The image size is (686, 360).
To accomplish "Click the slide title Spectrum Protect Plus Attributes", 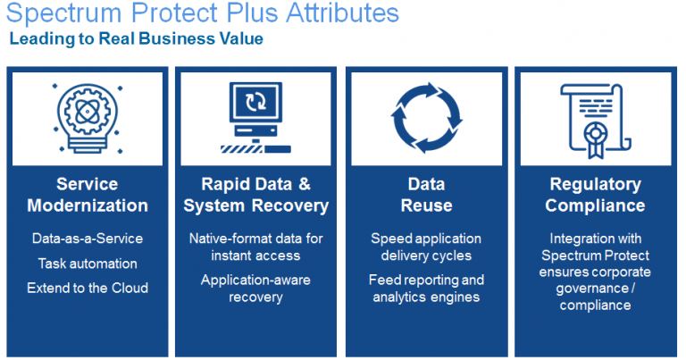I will [x=202, y=13].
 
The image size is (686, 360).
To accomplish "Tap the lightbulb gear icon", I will [x=88, y=118].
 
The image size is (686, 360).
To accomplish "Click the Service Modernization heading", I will [x=88, y=195].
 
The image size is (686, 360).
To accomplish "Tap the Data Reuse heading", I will [x=427, y=195].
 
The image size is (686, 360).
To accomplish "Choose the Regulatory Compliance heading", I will [x=596, y=195].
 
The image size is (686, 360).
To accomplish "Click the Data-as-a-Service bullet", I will [x=88, y=239].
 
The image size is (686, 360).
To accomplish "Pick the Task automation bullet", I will [x=88, y=264].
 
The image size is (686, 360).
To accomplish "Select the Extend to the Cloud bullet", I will [x=88, y=288].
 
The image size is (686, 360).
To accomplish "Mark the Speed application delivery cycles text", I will [x=427, y=247].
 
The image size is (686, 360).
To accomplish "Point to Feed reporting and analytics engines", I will [x=427, y=288].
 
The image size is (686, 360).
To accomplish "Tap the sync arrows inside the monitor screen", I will [x=255, y=101].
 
